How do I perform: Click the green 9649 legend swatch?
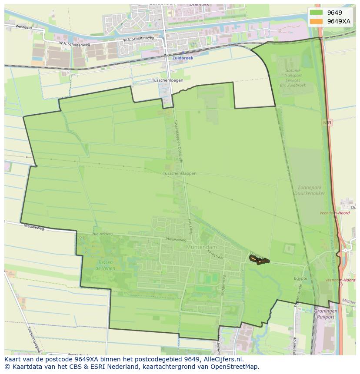(x=316, y=13)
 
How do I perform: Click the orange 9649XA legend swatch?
(x=316, y=21)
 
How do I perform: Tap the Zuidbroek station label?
(x=183, y=57)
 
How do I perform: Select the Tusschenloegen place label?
(x=167, y=80)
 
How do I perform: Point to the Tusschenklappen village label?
(x=180, y=173)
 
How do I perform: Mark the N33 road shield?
(x=327, y=123)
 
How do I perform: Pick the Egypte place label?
(x=300, y=278)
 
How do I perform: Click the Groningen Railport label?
(x=325, y=314)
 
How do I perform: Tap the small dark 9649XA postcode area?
(x=259, y=260)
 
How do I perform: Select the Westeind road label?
(x=23, y=27)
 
